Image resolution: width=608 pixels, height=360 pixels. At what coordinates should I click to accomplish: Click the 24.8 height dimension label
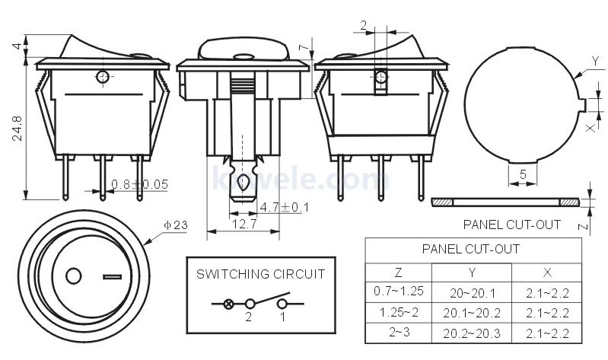[18, 128]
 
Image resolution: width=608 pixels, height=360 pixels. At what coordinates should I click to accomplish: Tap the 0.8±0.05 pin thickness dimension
[139, 184]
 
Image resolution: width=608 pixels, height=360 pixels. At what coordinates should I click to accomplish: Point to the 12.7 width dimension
[244, 224]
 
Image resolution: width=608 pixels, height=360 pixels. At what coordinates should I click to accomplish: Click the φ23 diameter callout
[176, 225]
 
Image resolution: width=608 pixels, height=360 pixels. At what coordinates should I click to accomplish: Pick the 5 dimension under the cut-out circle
[523, 174]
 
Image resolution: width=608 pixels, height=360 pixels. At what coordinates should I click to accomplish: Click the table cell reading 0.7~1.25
[399, 291]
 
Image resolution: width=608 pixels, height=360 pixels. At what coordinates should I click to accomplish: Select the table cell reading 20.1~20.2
[472, 313]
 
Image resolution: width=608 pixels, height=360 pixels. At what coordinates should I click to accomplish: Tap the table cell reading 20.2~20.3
[472, 333]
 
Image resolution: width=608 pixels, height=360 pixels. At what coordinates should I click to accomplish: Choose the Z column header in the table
[398, 272]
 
